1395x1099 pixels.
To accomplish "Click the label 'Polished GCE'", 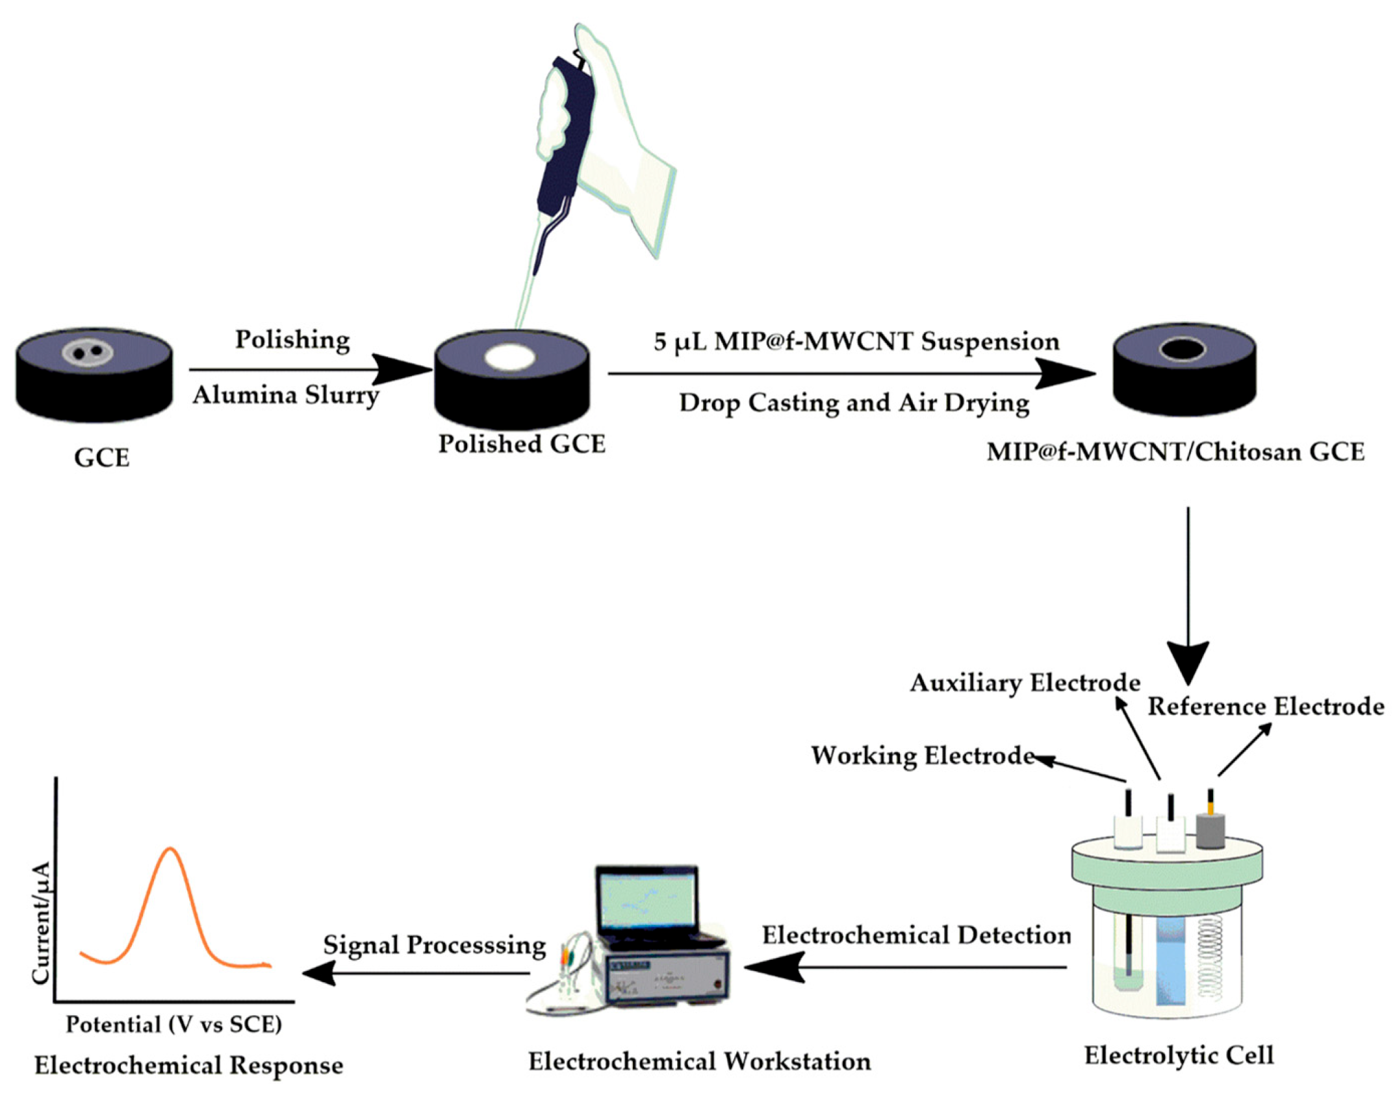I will [522, 445].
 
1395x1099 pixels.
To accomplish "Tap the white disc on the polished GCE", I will [510, 357].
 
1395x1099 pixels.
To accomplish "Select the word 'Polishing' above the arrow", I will [292, 339].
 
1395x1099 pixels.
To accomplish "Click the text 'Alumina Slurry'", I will [286, 395].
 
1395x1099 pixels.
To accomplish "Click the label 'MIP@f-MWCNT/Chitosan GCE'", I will [1175, 452].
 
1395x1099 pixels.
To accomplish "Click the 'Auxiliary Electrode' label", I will [1025, 683].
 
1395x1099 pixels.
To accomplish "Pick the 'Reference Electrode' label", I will [1266, 706].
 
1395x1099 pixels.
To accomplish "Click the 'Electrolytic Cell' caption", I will [1179, 1055].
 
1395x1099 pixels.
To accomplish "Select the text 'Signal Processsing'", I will [435, 945].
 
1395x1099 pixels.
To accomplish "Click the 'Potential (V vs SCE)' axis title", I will [174, 1024].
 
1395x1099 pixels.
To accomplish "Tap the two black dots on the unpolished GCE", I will [88, 353].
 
